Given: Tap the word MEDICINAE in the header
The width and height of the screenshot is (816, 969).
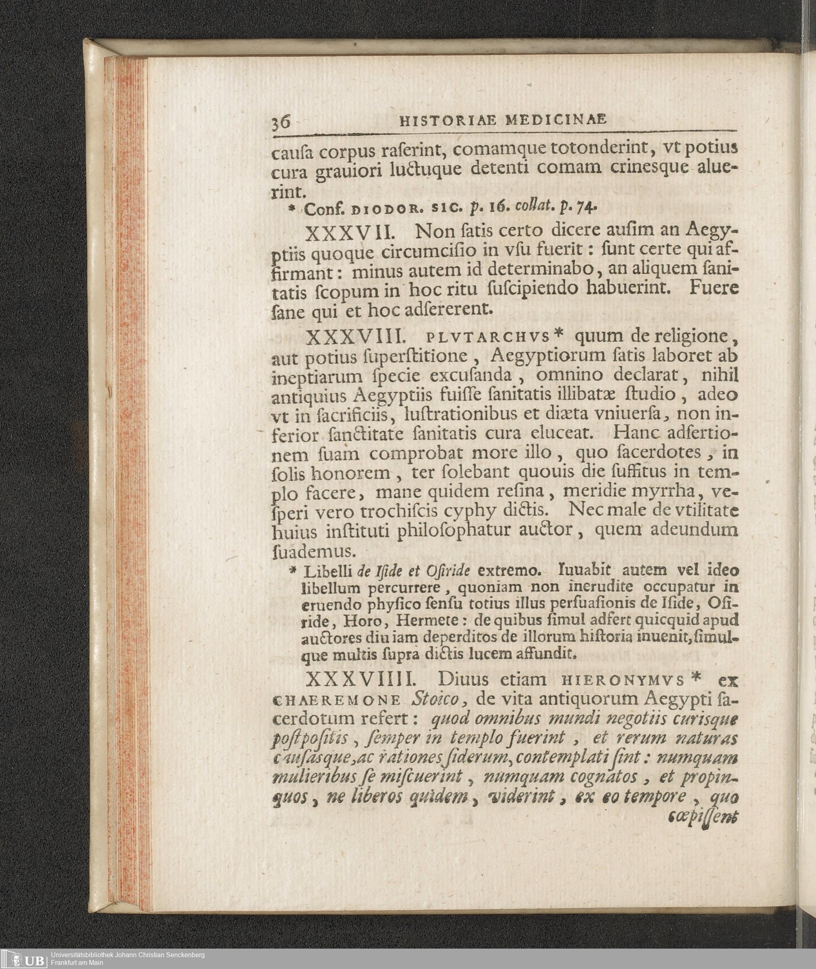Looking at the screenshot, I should (x=556, y=120).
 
